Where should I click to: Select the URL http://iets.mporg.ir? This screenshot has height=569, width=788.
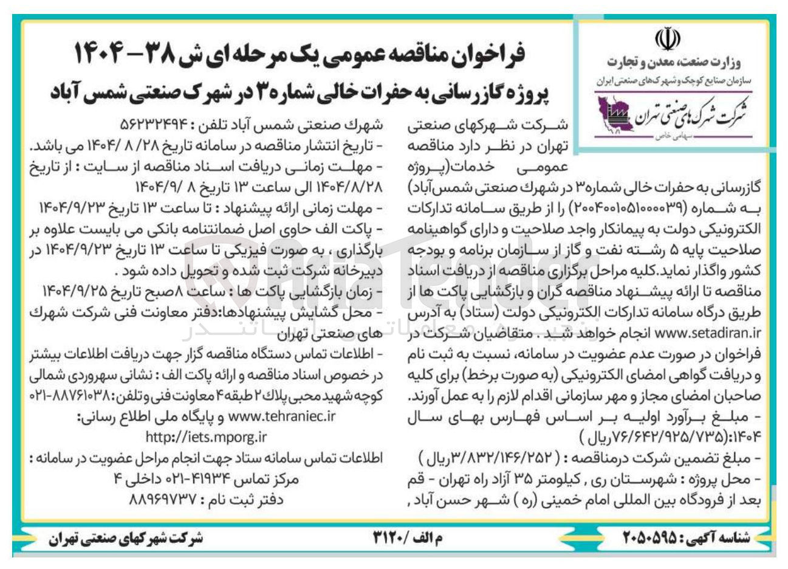pos(206,436)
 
